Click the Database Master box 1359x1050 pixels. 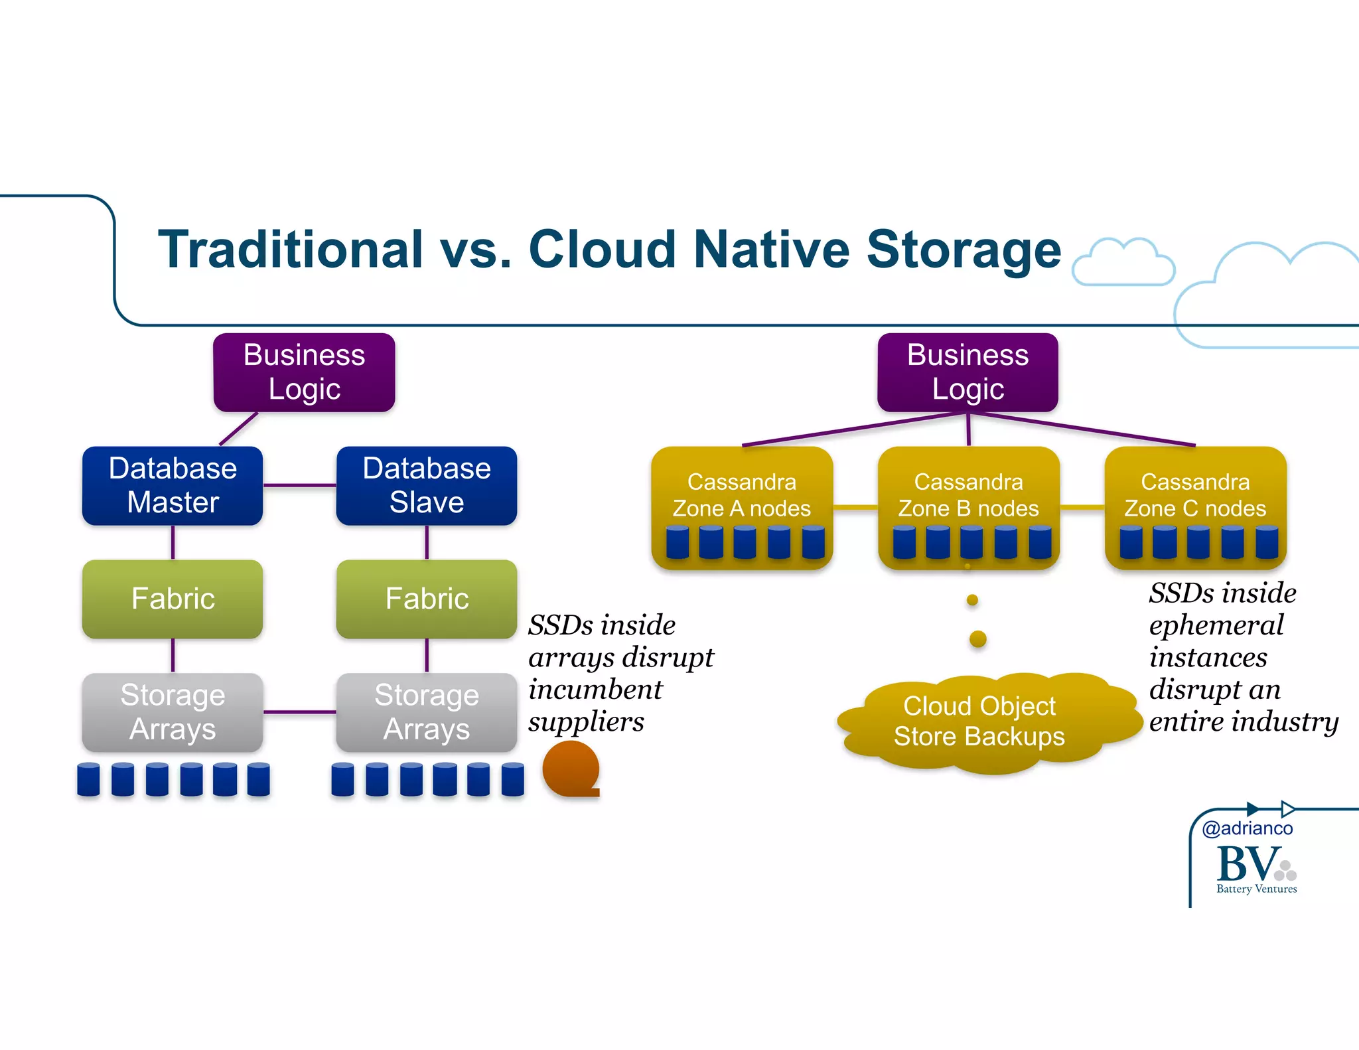click(173, 485)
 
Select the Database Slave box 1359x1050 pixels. click(426, 485)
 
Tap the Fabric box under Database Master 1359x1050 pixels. click(173, 599)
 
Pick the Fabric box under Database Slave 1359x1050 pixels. click(426, 599)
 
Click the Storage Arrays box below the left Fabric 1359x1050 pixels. click(173, 712)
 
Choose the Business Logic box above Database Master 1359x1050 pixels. click(304, 372)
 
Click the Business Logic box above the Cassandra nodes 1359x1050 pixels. click(967, 372)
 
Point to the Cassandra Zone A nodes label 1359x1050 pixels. click(741, 495)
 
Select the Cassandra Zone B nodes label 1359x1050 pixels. click(968, 495)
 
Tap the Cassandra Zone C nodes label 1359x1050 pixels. click(1195, 495)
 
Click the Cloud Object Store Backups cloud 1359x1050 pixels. click(979, 722)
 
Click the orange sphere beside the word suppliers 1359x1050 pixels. click(570, 769)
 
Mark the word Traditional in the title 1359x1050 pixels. click(290, 250)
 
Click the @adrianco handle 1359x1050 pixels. click(1247, 828)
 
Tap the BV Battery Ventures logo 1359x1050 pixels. click(1255, 868)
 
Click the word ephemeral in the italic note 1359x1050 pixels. click(1216, 625)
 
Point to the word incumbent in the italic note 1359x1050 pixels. click(595, 689)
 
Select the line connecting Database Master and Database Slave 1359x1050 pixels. click(299, 485)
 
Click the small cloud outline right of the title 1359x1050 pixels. click(1123, 263)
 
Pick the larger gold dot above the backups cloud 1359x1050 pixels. click(977, 639)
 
